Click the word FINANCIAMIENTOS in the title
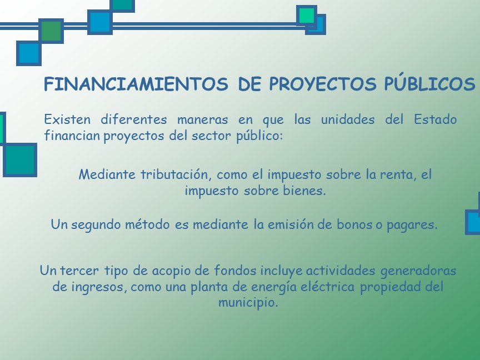click(x=136, y=84)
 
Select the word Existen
click(x=67, y=119)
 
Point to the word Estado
click(x=435, y=119)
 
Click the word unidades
click(x=347, y=119)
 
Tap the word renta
click(x=398, y=175)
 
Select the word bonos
click(x=356, y=224)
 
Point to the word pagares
click(x=412, y=225)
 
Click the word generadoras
click(x=418, y=271)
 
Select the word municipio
click(x=248, y=303)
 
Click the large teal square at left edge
click(x=20, y=160)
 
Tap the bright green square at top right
click(x=307, y=16)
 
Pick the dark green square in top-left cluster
click(x=51, y=31)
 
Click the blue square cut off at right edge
click(x=473, y=222)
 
